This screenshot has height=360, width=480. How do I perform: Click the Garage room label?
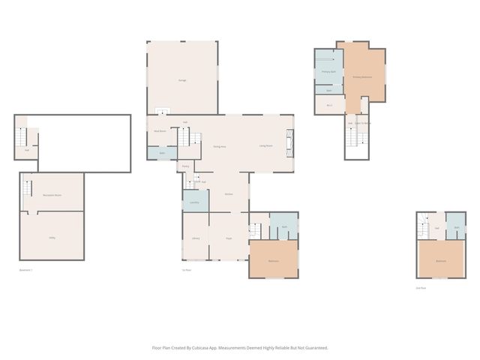182,79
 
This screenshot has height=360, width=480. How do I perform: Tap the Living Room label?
265,145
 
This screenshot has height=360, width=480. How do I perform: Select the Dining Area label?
220,146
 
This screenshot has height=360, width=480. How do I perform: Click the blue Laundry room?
194,201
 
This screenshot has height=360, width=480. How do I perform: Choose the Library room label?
195,238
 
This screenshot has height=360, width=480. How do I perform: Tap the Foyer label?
229,238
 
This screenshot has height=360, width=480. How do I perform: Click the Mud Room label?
160,130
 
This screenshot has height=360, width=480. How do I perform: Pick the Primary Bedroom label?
362,77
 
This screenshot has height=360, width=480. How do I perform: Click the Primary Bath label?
328,72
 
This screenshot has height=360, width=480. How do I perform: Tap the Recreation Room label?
52,195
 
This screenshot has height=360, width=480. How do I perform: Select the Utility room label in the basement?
52,238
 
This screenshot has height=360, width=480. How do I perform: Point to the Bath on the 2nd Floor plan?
456,228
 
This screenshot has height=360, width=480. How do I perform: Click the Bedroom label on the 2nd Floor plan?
441,261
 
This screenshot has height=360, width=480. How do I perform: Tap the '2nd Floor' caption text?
421,287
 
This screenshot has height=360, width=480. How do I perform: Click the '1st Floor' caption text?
187,270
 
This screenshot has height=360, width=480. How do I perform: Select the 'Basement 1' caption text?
26,270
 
